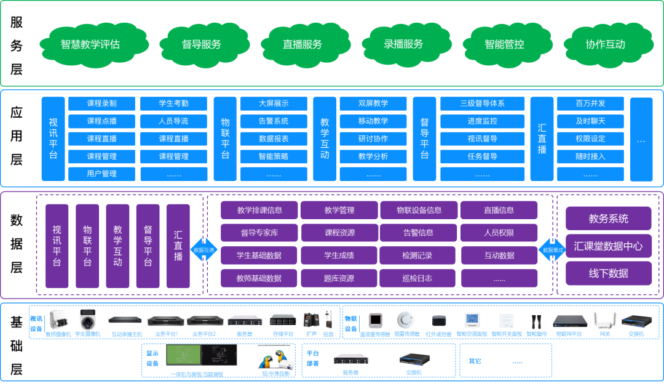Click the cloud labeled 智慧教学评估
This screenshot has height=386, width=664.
pos(90,45)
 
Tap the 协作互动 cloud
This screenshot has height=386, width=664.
pos(605,44)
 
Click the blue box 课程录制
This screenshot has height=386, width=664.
pos(101,103)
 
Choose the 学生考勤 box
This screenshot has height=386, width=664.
pos(173,103)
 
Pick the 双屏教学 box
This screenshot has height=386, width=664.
pos(373,103)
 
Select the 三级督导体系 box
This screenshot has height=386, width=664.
pos(482,103)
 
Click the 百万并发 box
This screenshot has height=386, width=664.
pos(590,103)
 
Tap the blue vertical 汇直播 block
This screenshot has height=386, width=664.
pos(542,139)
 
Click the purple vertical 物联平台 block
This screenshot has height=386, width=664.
pos(87,246)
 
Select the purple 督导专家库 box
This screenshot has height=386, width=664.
pos(259,233)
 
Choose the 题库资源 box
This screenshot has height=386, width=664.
pos(339,278)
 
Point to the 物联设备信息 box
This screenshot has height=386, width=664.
pos(419,210)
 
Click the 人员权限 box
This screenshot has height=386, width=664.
pos(499,233)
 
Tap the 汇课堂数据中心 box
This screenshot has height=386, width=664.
pos(608,246)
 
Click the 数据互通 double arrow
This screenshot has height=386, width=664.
pos(204,251)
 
